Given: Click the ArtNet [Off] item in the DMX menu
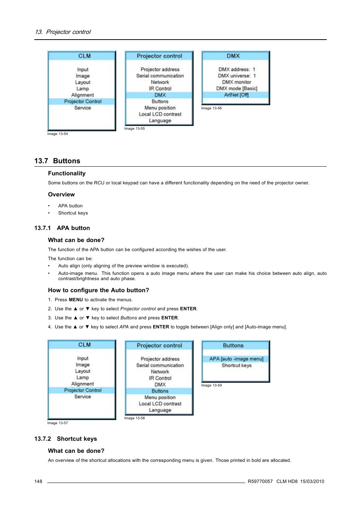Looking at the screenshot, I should point(236,95).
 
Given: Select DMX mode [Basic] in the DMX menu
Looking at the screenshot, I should point(237,89).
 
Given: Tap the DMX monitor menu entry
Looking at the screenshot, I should point(237,82).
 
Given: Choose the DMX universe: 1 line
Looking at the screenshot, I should point(237,76).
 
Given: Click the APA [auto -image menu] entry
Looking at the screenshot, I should point(236,359).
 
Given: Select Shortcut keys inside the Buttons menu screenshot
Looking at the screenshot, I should point(236,365).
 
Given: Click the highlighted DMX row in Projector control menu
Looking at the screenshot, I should point(160,95).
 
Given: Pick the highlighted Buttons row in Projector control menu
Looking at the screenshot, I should point(160,391).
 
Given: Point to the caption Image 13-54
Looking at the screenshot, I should point(58,134).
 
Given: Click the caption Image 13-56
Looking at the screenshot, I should point(211,108).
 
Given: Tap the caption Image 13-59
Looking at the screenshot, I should point(211,385).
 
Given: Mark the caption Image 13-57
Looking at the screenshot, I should point(58,423).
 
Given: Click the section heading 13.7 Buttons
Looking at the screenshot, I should point(57,161).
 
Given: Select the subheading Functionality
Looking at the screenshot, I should point(67,173).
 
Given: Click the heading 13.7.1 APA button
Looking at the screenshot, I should point(62,228).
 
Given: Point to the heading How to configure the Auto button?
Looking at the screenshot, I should point(98,290).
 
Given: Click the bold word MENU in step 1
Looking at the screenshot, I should point(76,300).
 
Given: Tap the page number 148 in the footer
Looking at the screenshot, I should point(38,481).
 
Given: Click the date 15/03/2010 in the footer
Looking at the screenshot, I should point(312,481).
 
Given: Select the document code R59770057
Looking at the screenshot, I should point(260,481).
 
